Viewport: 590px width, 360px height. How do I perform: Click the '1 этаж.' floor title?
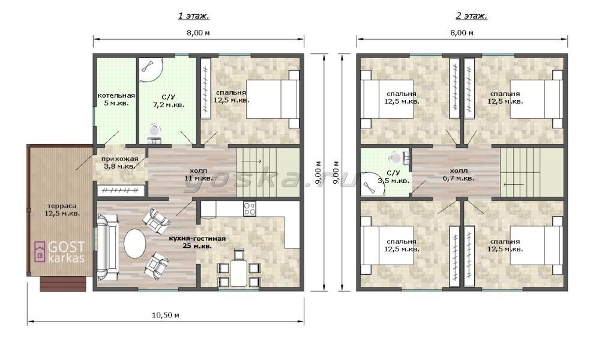[193, 16]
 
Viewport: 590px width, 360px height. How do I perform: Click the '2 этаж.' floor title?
[471, 16]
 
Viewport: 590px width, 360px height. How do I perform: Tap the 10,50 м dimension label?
[165, 315]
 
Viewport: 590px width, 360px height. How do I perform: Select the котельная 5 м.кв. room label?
[116, 100]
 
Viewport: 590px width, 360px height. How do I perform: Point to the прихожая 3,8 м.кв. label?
[119, 163]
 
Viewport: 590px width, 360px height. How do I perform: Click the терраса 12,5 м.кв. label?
[62, 209]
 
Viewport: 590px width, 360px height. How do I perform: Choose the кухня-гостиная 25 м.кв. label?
[197, 242]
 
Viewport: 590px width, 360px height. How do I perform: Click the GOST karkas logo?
[59, 251]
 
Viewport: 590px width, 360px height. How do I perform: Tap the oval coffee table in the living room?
[134, 244]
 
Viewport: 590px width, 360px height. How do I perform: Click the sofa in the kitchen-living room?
[108, 247]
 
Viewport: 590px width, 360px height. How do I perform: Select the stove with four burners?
[250, 209]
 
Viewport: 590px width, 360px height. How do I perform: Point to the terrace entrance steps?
[63, 284]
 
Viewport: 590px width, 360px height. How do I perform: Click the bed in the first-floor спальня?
[273, 99]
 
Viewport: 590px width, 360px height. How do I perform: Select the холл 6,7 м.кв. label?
[459, 174]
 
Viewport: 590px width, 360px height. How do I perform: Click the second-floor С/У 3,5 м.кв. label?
[393, 177]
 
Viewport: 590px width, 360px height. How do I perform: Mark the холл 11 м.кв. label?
[198, 174]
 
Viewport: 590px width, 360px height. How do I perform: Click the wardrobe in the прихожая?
[121, 190]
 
